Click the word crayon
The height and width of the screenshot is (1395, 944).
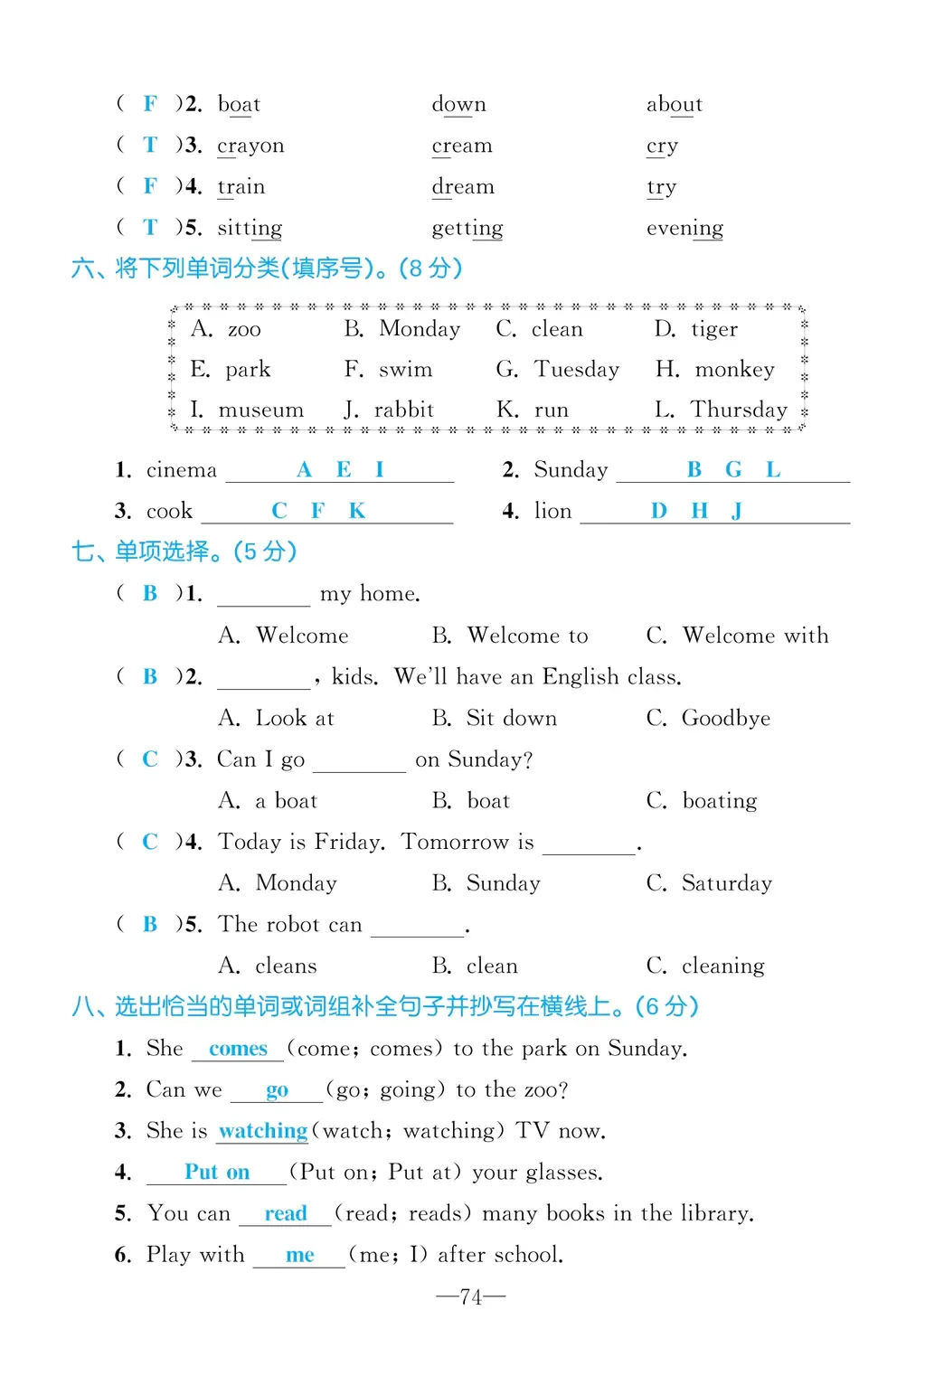[x=250, y=146]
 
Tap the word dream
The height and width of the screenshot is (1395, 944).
[x=463, y=187]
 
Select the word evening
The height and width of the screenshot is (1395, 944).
[x=684, y=229]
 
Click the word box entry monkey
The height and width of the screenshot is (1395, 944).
[x=734, y=370]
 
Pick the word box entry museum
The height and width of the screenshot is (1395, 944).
[x=260, y=410]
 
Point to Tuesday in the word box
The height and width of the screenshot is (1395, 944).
[x=576, y=370]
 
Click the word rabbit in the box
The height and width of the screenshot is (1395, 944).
[x=403, y=410]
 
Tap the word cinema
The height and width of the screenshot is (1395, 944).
[x=181, y=470]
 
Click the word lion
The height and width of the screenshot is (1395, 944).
[x=552, y=512]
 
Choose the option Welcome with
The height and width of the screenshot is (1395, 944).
[x=755, y=636]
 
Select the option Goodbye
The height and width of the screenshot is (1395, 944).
[x=725, y=719]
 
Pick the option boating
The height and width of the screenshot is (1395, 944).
[x=719, y=801]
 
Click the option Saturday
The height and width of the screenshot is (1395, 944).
[x=726, y=883]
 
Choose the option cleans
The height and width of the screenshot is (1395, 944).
[x=286, y=966]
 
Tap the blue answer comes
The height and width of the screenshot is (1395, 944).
[x=238, y=1049]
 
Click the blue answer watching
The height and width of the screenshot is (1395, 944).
[x=263, y=1131]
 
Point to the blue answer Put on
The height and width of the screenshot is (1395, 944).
[x=217, y=1173]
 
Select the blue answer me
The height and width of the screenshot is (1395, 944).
[x=299, y=1255]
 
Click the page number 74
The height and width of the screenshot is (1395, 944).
[x=470, y=1297]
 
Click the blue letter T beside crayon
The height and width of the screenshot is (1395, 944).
[x=150, y=146]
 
